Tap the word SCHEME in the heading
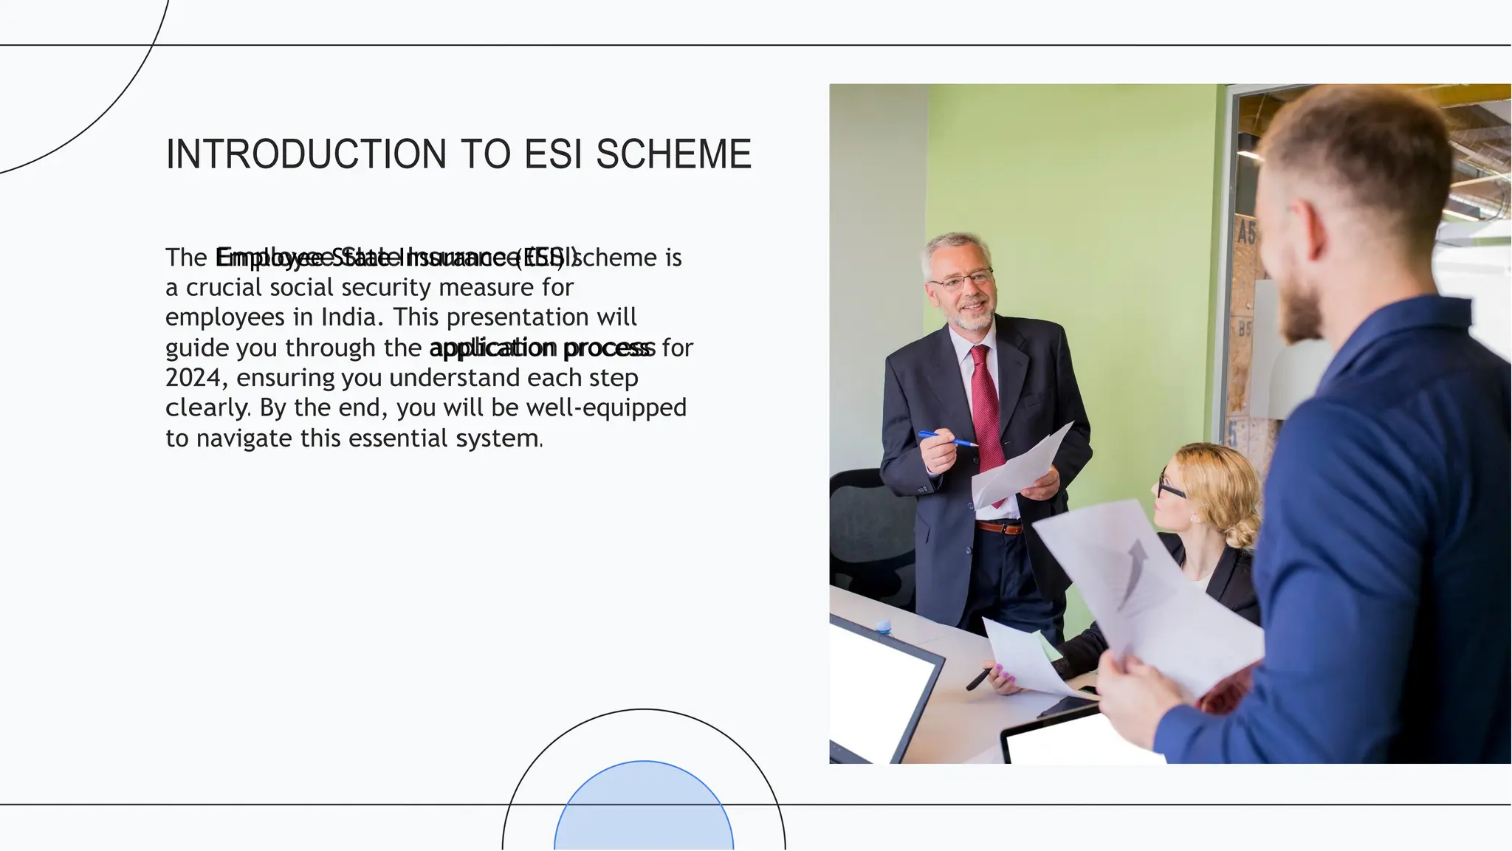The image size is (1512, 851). coord(673,154)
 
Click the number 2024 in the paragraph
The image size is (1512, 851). coord(193,378)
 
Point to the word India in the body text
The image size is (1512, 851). coord(347,317)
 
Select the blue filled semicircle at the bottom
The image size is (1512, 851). coord(644,808)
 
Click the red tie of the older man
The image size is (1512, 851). coord(988,413)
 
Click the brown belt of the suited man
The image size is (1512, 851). coord(999,527)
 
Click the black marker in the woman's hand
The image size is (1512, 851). coord(979,678)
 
